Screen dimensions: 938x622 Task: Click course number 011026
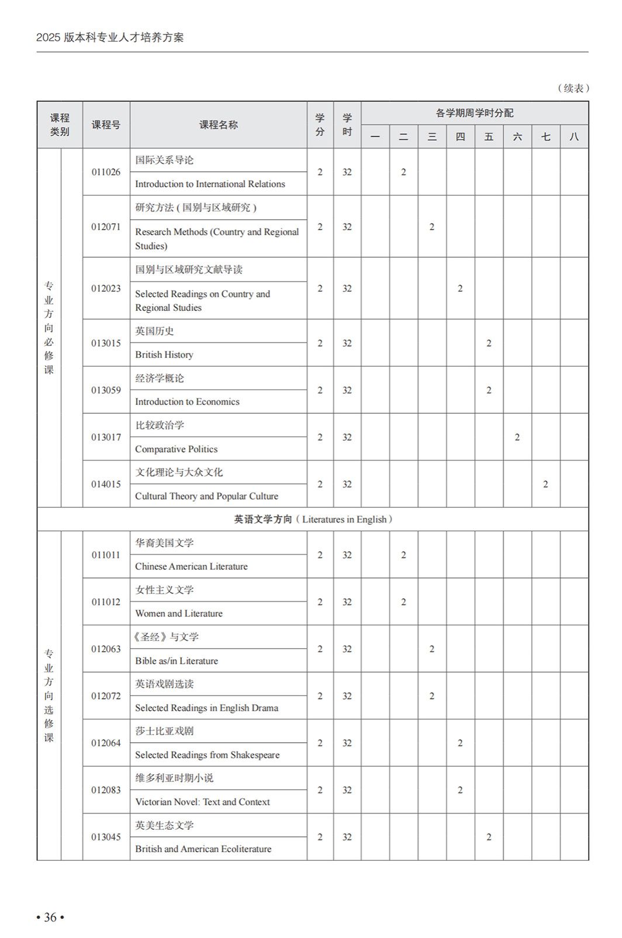(106, 172)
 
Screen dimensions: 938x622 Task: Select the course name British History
(164, 355)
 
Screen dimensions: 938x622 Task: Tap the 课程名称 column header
(218, 124)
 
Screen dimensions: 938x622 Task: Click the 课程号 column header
(106, 124)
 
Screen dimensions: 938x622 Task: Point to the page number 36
(50, 917)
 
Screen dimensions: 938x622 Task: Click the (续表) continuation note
(573, 88)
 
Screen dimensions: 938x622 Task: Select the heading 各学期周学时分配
(474, 113)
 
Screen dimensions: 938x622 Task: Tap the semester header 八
(573, 137)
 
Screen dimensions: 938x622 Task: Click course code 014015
(106, 484)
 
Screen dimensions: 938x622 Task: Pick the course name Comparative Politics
(176, 449)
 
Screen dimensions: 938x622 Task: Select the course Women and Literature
(178, 613)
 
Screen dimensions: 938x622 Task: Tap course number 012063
(106, 649)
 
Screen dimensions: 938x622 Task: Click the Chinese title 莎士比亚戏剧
(164, 731)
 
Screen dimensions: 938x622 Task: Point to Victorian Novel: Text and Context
(202, 802)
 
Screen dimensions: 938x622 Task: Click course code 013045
(106, 837)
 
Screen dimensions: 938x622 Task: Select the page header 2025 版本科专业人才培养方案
(110, 37)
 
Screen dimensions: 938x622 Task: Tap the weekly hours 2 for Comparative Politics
(517, 437)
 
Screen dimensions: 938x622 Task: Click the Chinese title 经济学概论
(160, 378)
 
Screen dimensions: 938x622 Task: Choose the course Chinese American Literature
(191, 566)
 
